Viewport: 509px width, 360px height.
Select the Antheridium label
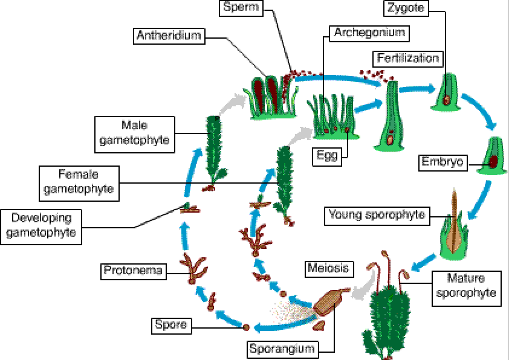click(x=169, y=36)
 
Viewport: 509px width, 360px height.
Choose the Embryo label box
click(x=443, y=162)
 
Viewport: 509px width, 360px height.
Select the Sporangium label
click(x=282, y=349)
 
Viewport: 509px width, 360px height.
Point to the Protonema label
click(x=133, y=271)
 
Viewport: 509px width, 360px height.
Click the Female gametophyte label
click(x=79, y=182)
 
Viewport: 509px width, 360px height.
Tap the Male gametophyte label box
click(x=135, y=133)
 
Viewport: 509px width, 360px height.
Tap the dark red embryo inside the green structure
click(x=493, y=162)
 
